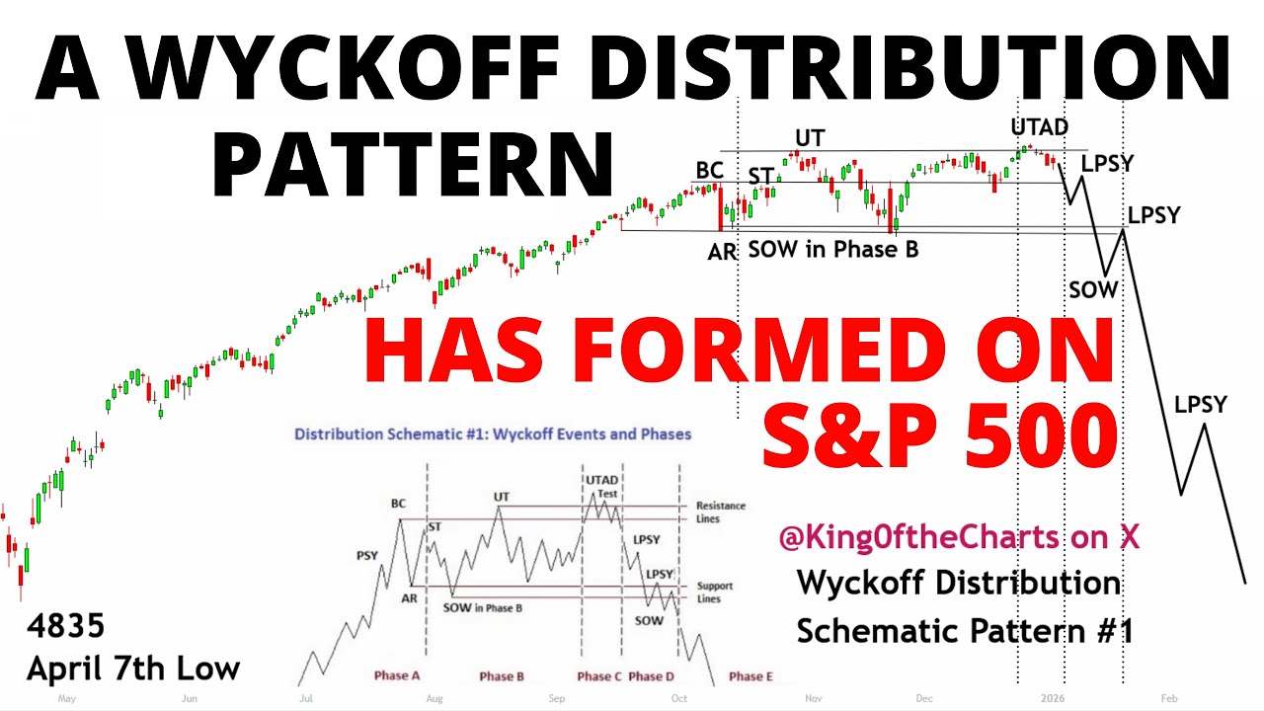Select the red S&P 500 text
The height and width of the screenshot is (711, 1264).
tap(939, 434)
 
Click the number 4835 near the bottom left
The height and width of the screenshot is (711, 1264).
tap(65, 625)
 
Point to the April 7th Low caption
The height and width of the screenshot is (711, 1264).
tap(133, 669)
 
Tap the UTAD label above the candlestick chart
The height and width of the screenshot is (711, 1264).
tap(1039, 126)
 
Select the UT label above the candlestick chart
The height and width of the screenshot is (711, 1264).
tap(810, 137)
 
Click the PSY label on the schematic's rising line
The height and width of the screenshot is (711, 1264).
tap(367, 556)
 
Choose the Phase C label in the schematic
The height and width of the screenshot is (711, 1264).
tap(594, 676)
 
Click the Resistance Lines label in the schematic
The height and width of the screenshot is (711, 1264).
tap(721, 512)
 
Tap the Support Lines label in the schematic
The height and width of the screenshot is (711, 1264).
tap(715, 592)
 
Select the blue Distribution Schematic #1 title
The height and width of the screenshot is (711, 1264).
tap(492, 434)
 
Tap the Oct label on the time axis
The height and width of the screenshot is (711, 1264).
tap(678, 698)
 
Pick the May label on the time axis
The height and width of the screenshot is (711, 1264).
tap(67, 698)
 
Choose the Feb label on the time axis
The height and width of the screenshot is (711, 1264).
tap(1169, 698)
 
